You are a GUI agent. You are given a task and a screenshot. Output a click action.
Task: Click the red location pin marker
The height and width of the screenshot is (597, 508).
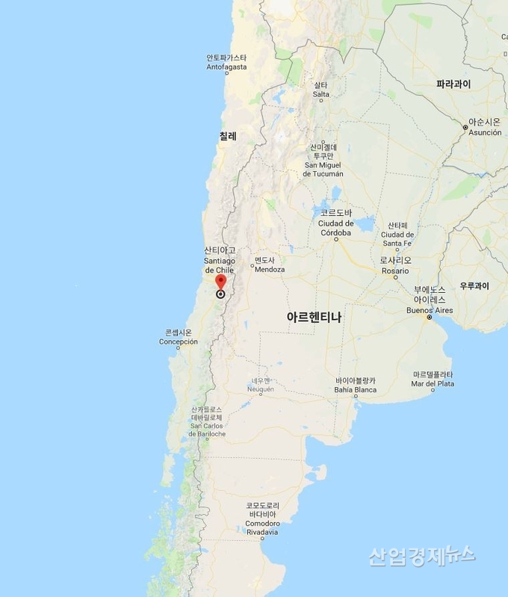220,282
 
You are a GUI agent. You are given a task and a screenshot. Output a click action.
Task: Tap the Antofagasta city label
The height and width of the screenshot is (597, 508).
226,63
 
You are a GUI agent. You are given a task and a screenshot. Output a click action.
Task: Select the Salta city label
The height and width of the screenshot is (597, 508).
320,90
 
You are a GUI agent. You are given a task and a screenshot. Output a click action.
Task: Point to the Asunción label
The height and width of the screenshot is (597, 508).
485,126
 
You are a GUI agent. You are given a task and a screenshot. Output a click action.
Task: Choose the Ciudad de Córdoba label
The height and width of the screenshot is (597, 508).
335,228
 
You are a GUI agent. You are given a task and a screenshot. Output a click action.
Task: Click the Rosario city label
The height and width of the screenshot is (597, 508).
395,265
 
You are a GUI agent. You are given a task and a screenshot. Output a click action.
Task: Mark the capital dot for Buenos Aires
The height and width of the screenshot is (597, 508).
430,318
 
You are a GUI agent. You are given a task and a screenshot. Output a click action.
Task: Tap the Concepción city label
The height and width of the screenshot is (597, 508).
179,337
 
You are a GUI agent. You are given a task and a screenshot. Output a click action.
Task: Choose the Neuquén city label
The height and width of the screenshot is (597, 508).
261,385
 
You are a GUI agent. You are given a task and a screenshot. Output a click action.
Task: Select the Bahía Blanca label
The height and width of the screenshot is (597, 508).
355,385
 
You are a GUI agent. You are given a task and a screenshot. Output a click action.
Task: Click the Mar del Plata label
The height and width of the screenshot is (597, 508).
433,379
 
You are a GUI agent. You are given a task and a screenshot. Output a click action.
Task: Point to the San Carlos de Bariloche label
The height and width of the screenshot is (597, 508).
207,422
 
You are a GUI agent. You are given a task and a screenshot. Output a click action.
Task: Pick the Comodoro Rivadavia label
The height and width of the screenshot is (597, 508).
262,519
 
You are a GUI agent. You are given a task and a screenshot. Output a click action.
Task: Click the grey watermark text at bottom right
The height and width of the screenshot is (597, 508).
421,555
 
